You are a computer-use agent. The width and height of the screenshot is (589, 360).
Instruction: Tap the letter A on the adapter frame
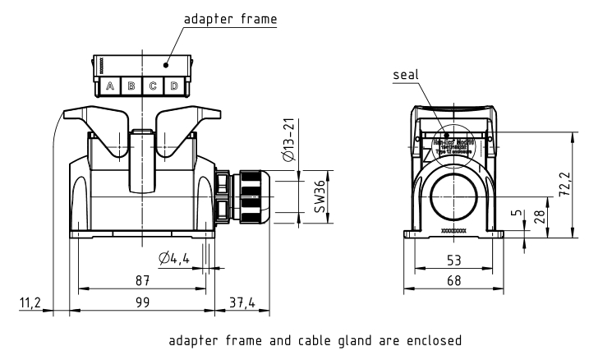click(110, 86)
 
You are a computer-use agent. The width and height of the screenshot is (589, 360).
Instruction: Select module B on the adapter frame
click(131, 86)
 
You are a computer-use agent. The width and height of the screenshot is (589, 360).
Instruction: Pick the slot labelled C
click(153, 86)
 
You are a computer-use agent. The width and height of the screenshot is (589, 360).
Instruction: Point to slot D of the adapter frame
click(174, 86)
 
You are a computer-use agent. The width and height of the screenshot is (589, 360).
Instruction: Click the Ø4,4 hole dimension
click(175, 259)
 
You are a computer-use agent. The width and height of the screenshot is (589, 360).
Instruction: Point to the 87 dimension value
click(142, 280)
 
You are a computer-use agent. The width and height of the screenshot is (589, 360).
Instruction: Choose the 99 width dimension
click(142, 303)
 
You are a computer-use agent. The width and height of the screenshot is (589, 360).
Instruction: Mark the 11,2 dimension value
click(30, 303)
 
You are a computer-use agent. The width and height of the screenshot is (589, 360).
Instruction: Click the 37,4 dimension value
click(241, 303)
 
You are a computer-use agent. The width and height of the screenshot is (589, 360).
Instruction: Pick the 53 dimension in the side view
click(453, 260)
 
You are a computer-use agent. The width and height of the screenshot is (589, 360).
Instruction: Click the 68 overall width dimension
click(453, 281)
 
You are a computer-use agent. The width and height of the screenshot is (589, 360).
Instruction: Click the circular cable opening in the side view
click(453, 196)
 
